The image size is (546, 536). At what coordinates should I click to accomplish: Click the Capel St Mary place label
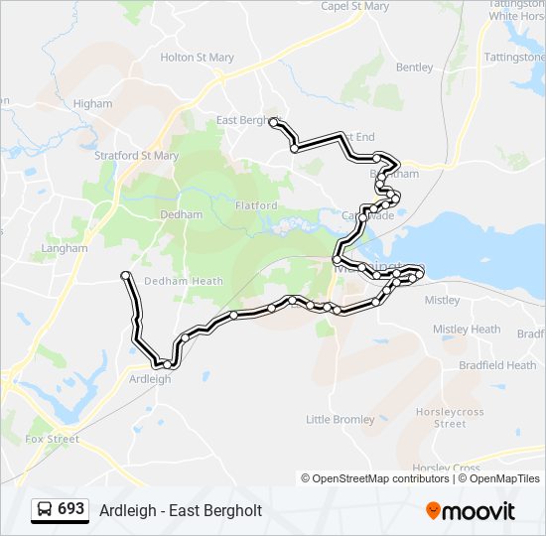click(x=354, y=6)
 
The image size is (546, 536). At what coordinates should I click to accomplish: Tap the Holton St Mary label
click(x=197, y=58)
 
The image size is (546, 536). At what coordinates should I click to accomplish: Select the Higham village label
click(x=92, y=103)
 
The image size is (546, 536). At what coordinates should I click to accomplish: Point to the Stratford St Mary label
click(x=136, y=156)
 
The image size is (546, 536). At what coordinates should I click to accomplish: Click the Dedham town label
click(x=181, y=214)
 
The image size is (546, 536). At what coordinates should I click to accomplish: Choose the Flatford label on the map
click(x=256, y=205)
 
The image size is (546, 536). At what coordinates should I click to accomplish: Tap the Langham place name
click(x=64, y=248)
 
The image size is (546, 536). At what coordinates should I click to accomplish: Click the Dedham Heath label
click(x=184, y=281)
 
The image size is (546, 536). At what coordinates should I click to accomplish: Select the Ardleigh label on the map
click(x=151, y=378)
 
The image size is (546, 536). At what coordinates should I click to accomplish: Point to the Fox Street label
click(x=52, y=438)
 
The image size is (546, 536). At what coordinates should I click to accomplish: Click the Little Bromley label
click(x=341, y=419)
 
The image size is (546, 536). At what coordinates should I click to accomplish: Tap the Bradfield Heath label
click(x=497, y=365)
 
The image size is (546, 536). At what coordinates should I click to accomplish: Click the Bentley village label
click(x=414, y=67)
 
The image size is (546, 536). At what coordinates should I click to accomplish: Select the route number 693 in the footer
click(x=70, y=509)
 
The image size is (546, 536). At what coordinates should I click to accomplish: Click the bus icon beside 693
click(x=45, y=510)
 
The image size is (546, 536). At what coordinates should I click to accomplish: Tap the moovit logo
click(x=471, y=511)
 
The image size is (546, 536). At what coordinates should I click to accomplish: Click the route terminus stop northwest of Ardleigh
click(x=125, y=274)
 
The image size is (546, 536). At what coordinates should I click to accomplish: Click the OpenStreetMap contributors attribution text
click(x=380, y=478)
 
